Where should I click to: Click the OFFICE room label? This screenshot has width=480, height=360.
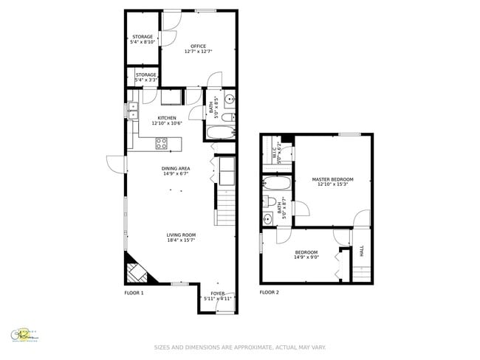(198, 46)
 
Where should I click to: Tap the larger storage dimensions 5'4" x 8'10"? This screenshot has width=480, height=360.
(143, 43)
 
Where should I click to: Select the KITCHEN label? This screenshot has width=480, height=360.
(166, 117)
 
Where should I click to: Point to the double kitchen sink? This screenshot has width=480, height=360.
(133, 111)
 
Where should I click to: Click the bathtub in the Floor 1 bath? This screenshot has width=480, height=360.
(220, 134)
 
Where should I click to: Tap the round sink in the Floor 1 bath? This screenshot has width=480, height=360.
(228, 100)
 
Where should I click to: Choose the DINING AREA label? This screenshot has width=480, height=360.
(176, 168)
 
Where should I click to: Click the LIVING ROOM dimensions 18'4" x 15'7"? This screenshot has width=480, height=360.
(180, 240)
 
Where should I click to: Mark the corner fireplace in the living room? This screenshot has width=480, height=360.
(137, 272)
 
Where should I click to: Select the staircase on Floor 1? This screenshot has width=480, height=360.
(225, 206)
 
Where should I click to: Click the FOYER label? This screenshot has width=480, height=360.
(217, 293)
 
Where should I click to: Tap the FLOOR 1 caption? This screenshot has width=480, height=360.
(134, 293)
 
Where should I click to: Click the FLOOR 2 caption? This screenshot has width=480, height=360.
(269, 293)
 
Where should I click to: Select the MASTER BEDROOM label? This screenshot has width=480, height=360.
(332, 179)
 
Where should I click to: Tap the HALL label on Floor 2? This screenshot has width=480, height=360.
(362, 251)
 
